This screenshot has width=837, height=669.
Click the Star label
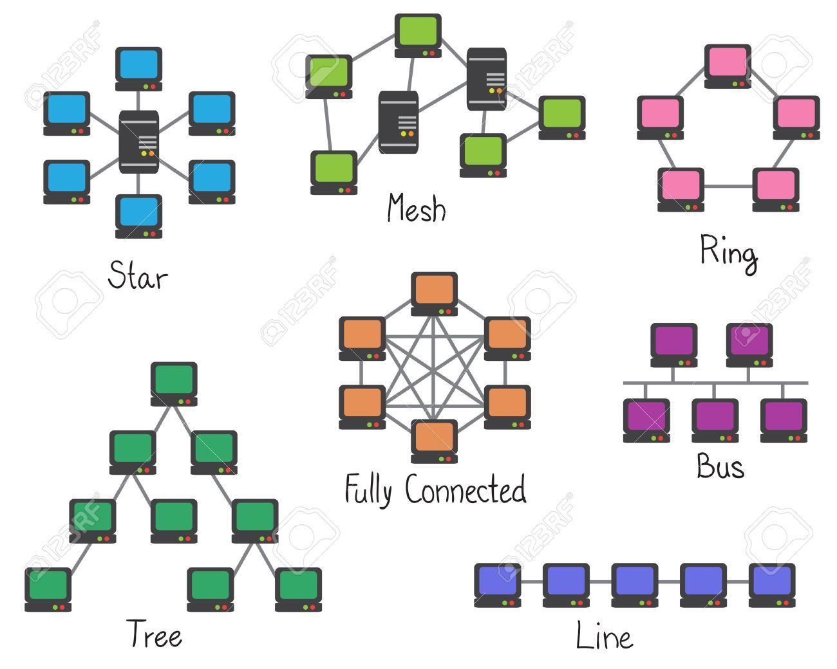pos(137,275)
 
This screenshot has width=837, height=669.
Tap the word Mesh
pos(416,208)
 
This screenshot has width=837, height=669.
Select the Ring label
pos(728,252)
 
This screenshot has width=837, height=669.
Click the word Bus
pos(720,466)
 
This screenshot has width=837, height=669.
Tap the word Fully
pos(368,490)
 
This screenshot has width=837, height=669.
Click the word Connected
pos(466,490)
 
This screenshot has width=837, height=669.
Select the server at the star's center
pos(138,142)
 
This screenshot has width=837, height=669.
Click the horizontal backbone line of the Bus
pos(715,383)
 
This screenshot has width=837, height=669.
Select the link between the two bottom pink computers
pos(728,187)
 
